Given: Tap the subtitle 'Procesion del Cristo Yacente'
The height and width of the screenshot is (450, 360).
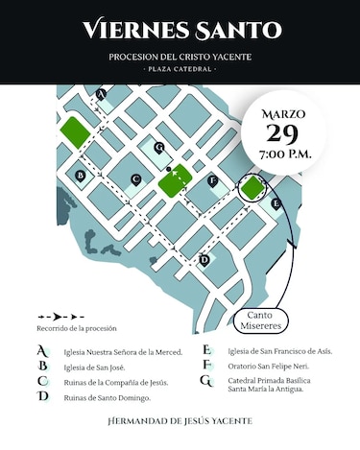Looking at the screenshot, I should tap(180, 57).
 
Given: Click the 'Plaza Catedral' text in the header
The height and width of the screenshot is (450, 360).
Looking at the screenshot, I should tap(180, 69).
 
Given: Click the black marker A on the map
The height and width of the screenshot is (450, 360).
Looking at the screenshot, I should tap(101, 94).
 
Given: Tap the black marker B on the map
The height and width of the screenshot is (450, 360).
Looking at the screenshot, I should tap(81, 176).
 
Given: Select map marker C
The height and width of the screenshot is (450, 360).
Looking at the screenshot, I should tap(136, 178).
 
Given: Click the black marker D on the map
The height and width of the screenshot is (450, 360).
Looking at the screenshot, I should tap(204, 259).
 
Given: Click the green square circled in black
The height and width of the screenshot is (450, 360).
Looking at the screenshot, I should tap(252, 187).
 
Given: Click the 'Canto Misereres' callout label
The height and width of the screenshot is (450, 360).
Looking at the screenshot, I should tap(265, 320).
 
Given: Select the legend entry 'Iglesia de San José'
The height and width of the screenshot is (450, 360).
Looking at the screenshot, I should tap(95, 367).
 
